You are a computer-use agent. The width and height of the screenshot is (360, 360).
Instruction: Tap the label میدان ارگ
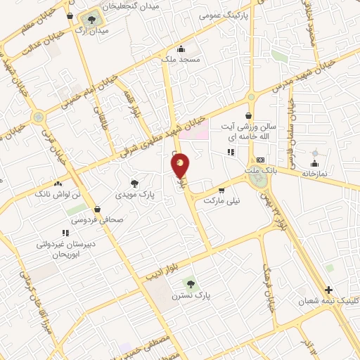(x=93, y=32)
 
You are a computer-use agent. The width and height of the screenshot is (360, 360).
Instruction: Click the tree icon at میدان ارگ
(x=92, y=19)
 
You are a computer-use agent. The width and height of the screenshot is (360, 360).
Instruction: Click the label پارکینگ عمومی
(x=224, y=14)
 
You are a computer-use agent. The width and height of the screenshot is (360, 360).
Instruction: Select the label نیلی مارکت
(x=222, y=200)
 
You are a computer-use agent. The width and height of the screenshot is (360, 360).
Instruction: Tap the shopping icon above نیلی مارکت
(x=222, y=190)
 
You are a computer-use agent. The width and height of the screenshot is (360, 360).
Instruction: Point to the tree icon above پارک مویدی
(x=134, y=181)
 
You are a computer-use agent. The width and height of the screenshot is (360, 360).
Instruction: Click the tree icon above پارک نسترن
(x=188, y=283)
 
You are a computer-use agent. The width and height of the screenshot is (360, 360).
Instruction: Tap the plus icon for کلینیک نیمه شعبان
(x=328, y=290)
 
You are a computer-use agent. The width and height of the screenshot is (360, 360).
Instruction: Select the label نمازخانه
(x=316, y=173)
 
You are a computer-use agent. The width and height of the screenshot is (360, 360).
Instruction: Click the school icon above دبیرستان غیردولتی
(x=65, y=233)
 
